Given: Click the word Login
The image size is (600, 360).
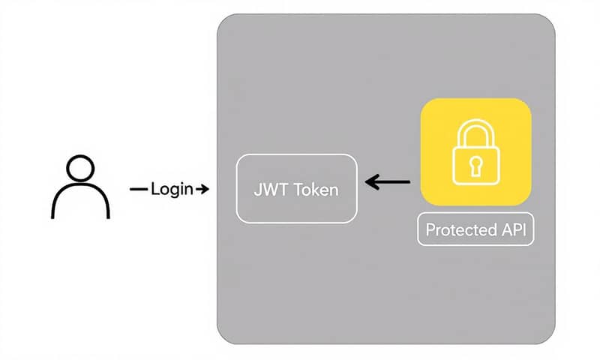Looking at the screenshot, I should [172, 189].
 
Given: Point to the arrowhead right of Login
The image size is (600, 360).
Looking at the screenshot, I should [203, 189].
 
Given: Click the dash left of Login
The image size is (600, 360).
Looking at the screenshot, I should [139, 189].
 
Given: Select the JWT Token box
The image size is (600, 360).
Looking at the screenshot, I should [296, 188].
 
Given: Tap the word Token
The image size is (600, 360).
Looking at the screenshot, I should [314, 189].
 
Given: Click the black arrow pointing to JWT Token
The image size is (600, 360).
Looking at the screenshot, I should [388, 181].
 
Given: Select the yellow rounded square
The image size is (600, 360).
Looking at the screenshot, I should [475, 152].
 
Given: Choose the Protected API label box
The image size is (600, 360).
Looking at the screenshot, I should [475, 230].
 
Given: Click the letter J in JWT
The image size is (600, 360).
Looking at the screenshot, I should [257, 189].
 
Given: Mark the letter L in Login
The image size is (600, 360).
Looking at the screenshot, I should [154, 189].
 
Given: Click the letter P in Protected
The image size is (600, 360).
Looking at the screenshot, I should [430, 230].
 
